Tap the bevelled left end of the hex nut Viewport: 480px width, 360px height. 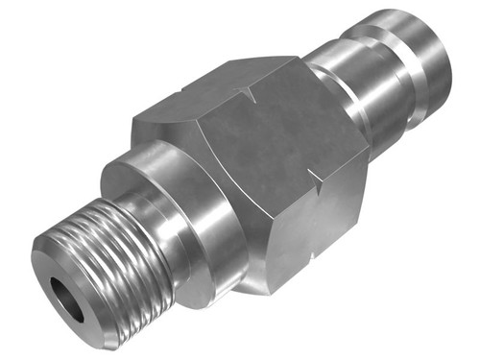click(154, 125)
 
